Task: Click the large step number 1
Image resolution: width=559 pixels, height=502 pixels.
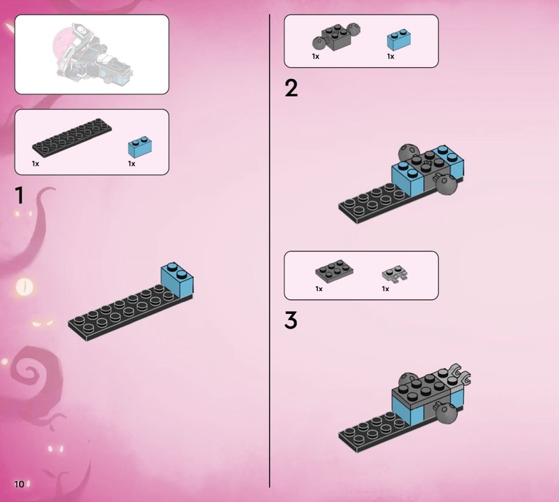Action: point(20,195)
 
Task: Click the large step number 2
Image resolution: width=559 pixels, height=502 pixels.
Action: point(291,88)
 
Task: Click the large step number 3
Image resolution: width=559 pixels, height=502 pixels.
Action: point(291,320)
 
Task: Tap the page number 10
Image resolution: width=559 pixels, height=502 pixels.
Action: point(20,484)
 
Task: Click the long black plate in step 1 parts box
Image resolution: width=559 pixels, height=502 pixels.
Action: point(72,136)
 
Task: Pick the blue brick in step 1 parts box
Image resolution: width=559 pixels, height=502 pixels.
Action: point(140,147)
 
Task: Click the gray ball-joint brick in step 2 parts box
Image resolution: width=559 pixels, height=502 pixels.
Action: point(336,37)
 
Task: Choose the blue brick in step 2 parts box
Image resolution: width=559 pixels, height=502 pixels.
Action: point(399,40)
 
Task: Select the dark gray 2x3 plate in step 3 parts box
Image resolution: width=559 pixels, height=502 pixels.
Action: point(335,268)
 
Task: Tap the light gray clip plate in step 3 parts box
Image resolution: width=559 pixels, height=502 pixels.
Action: point(395,274)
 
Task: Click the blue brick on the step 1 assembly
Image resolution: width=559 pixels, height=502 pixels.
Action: point(177,279)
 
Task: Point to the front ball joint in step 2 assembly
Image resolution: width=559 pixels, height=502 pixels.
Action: point(445,184)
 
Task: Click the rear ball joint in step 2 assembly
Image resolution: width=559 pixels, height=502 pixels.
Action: point(407,152)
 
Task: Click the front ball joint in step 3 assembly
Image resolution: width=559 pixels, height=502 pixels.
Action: point(446,413)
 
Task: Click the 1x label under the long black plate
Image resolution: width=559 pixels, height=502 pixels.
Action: point(36,164)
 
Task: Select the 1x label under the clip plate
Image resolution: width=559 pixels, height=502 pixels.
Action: point(386,289)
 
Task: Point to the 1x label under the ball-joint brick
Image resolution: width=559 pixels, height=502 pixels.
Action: point(316,57)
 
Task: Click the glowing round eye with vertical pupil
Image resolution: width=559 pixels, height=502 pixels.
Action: point(25,286)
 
